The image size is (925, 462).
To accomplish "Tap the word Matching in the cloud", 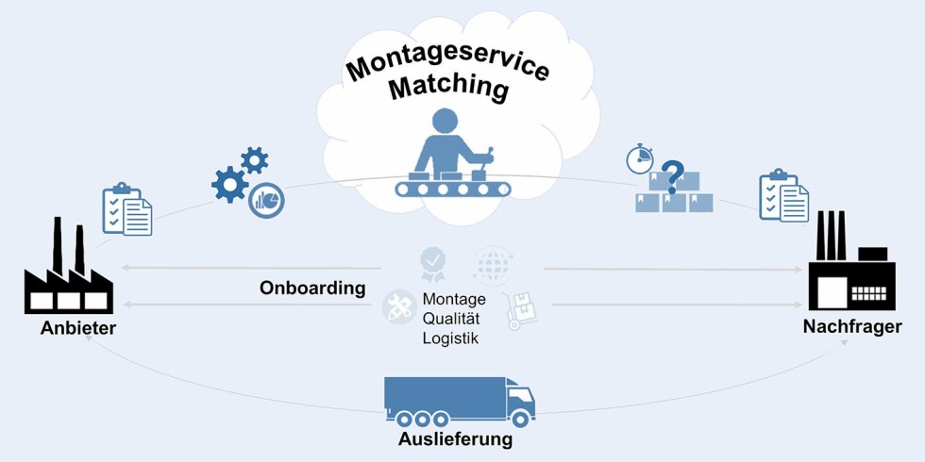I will [448, 89].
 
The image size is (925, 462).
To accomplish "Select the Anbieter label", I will [77, 328].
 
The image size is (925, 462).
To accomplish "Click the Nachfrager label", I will [852, 326].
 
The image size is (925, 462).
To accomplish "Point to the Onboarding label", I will [312, 289].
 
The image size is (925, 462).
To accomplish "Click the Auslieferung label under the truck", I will [455, 439].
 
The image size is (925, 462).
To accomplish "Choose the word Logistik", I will [450, 338].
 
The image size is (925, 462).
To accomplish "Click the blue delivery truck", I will [459, 400].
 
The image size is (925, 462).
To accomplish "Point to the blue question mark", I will [672, 176].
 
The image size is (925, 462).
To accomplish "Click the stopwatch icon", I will [640, 159].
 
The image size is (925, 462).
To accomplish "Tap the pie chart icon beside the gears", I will [267, 200].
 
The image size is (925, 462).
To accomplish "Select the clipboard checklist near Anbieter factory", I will [126, 209].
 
